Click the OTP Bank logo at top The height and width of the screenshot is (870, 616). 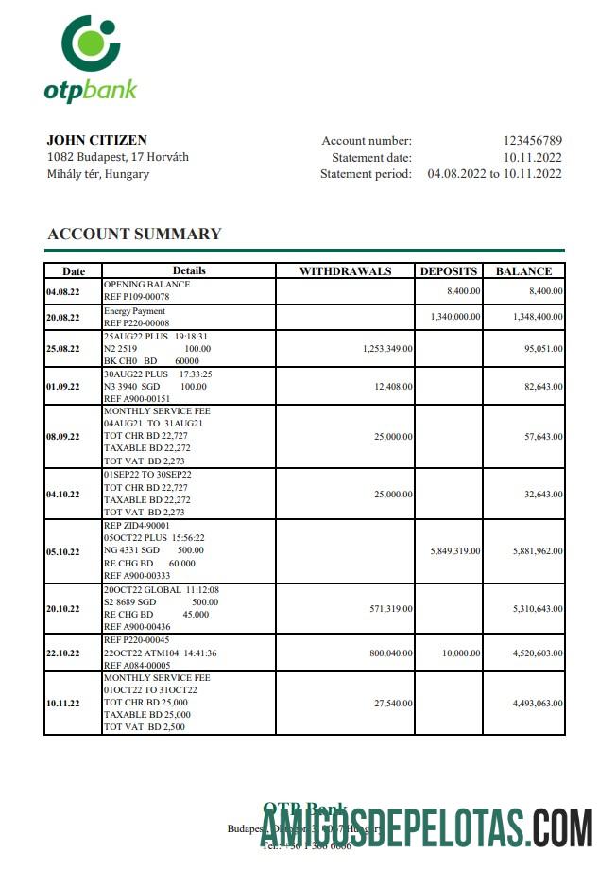[91, 58]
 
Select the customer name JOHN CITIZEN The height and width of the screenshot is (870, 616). [97, 141]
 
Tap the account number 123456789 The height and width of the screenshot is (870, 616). [532, 141]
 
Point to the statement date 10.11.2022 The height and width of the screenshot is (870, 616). [532, 157]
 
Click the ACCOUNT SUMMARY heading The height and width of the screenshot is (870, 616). [134, 234]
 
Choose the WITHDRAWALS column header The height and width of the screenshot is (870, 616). [345, 271]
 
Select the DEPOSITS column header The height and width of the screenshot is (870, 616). [449, 271]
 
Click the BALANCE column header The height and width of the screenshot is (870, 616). [523, 271]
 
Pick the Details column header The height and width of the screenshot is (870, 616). [188, 271]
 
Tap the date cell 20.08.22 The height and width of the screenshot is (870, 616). [63, 318]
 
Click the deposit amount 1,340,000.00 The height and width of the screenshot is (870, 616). [455, 318]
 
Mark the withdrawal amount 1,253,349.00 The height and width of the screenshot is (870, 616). [387, 349]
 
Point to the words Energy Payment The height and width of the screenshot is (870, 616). [134, 311]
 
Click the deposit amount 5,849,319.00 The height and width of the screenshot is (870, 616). [455, 551]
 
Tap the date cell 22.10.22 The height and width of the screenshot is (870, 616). [63, 652]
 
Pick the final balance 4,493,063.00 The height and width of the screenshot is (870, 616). [538, 704]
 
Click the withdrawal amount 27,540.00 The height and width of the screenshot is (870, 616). [393, 704]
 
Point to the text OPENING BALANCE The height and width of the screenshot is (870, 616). [146, 285]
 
